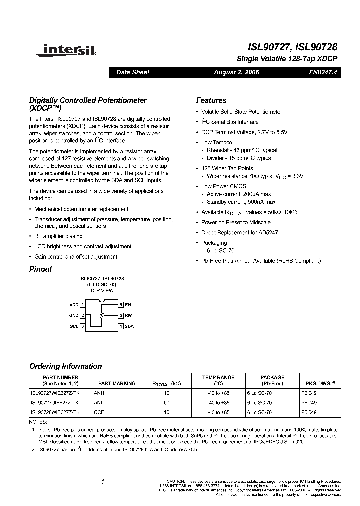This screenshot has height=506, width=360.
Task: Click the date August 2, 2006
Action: click(x=236, y=72)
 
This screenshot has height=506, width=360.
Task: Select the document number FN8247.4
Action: click(x=323, y=72)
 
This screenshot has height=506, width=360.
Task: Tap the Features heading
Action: click(x=211, y=100)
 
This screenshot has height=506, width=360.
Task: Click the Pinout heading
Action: click(x=41, y=269)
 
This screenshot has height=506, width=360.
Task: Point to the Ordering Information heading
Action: click(x=65, y=366)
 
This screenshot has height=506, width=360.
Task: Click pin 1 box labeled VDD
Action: click(x=82, y=304)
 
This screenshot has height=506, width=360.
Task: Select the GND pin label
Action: click(x=73, y=315)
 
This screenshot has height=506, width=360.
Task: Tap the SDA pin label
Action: click(x=129, y=326)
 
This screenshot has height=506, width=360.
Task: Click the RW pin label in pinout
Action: click(x=128, y=315)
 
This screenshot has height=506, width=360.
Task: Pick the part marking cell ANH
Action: click(x=99, y=393)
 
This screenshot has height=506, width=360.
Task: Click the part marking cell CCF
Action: click(x=99, y=412)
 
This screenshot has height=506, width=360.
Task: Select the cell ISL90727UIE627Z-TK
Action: click(x=55, y=403)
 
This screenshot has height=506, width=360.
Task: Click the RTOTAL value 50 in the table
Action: click(x=166, y=403)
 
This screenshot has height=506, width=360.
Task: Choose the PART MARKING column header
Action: click(x=117, y=384)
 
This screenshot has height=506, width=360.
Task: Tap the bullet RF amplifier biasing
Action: click(x=58, y=236)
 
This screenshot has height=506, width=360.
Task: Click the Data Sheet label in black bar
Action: click(x=133, y=72)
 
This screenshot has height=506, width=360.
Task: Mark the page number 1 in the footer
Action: click(x=102, y=482)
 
